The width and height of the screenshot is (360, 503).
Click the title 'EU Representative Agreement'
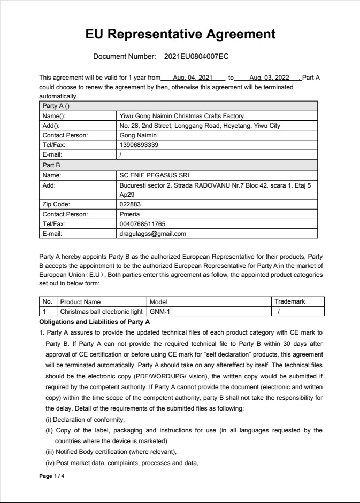coord(180,35)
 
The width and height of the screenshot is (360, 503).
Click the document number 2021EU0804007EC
coord(196,56)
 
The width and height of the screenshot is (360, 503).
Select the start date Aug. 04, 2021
coord(193,78)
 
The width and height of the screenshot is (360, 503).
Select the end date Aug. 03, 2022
coord(269,78)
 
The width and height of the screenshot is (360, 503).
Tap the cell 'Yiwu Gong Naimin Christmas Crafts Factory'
coord(181,116)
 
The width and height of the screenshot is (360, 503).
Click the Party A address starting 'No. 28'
coord(200,126)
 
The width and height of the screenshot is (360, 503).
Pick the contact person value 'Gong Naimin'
coord(138,135)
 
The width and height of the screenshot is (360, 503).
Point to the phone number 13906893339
coord(139,145)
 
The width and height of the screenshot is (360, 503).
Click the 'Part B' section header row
coord(51,165)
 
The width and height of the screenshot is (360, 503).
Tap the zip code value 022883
coord(130,204)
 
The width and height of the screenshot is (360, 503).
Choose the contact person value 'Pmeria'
coord(129,214)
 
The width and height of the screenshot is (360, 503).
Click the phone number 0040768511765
coord(142,224)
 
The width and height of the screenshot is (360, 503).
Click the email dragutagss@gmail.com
coord(153,234)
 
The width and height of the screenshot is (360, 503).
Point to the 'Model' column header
coord(158,302)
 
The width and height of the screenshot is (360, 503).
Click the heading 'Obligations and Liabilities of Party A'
coord(95,322)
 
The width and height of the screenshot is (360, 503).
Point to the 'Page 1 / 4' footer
coord(52,476)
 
